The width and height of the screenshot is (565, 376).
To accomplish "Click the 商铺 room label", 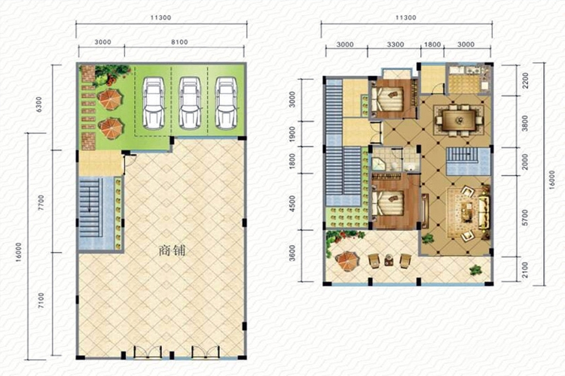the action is tap(172, 250).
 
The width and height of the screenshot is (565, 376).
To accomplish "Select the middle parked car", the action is tap(190, 103).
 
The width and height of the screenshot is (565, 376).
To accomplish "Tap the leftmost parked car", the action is tap(153, 103).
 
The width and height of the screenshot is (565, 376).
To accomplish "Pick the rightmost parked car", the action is tap(226, 103).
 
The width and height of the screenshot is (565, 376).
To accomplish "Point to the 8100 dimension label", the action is tap(179, 42).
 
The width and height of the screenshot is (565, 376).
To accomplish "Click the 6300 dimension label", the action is tap(39, 104).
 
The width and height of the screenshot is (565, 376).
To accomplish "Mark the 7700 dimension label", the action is tap(41, 202).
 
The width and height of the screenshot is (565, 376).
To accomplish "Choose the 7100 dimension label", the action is tap(41, 301).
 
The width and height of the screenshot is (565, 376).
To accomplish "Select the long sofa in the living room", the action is tap(484, 211).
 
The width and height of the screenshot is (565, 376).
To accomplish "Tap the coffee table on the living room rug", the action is tap(467, 211).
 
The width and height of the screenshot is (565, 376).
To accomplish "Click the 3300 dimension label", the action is tap(395, 44).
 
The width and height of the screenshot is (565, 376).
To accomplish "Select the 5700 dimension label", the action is tap(524, 217).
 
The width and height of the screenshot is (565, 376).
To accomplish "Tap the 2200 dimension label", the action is tap(525, 80).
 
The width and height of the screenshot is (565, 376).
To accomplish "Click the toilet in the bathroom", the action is tap(394, 165).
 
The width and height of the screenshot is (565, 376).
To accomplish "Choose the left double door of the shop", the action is tap(148, 353).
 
